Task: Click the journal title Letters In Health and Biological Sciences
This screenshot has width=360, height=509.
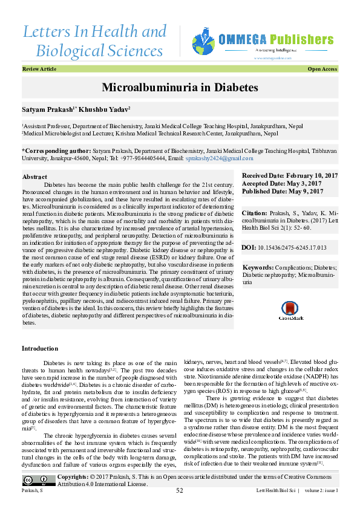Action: (94, 41)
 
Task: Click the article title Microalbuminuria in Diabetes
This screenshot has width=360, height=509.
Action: (180, 87)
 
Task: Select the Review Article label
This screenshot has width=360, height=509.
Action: (39, 70)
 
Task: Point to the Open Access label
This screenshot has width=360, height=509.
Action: (322, 70)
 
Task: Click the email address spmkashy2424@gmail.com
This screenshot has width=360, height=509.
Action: (219, 158)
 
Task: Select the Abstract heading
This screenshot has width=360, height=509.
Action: (34, 177)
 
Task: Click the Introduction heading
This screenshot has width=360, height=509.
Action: (40, 349)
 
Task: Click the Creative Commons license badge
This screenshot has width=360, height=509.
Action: (39, 481)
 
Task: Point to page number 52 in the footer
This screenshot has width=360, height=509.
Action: (180, 490)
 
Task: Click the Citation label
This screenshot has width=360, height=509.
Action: (254, 213)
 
